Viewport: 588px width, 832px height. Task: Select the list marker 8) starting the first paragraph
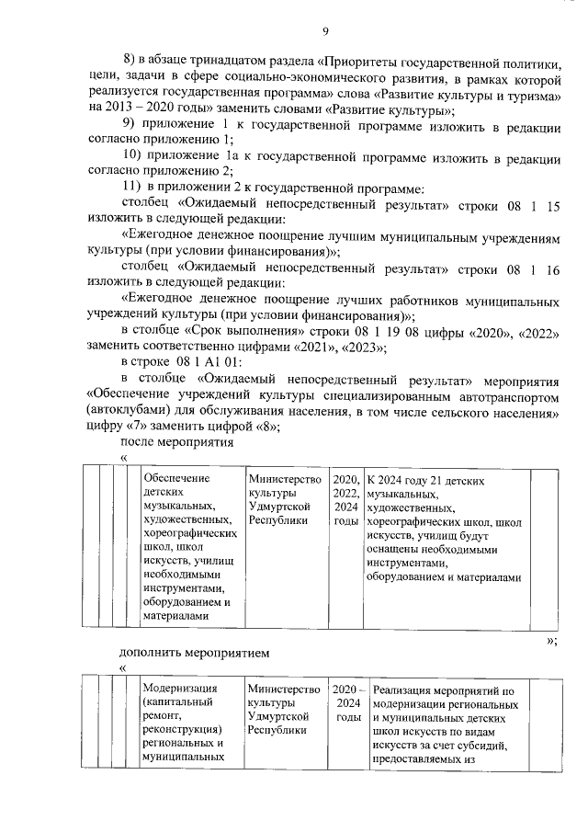(x=130, y=65)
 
